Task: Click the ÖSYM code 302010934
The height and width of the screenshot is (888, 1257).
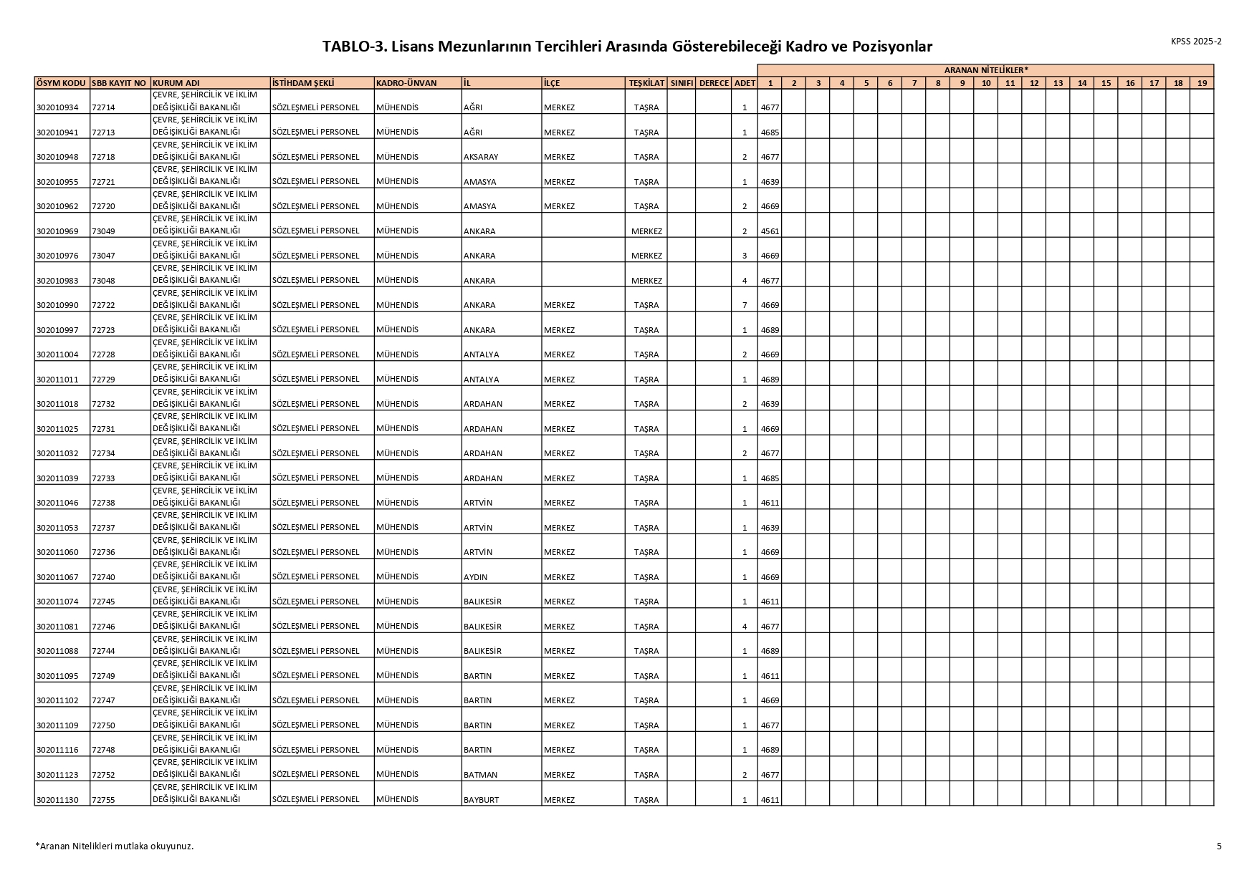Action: pyautogui.click(x=57, y=107)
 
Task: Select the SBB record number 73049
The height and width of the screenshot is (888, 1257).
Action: pyautogui.click(x=103, y=231)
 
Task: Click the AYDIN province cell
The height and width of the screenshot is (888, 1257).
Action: pyautogui.click(x=476, y=577)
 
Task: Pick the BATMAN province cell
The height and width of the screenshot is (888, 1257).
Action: pyautogui.click(x=480, y=775)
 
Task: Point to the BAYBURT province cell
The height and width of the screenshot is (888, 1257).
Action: pyautogui.click(x=481, y=799)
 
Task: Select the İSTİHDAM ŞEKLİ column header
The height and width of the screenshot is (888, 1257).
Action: pyautogui.click(x=304, y=83)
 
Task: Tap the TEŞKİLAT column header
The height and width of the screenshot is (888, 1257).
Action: pyautogui.click(x=646, y=83)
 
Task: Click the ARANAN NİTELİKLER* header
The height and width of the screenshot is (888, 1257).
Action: pyautogui.click(x=985, y=69)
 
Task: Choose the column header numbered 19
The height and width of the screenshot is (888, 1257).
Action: pyautogui.click(x=1202, y=83)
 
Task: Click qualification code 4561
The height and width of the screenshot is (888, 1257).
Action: pyautogui.click(x=770, y=231)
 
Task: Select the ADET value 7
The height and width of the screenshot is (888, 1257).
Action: pyautogui.click(x=745, y=305)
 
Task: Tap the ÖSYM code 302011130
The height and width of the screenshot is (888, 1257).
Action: pyautogui.click(x=57, y=799)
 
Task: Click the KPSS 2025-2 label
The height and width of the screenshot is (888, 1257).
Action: pyautogui.click(x=1196, y=42)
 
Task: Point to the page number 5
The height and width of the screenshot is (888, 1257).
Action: pyautogui.click(x=1219, y=846)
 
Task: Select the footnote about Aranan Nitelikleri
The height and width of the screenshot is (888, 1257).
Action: pyautogui.click(x=115, y=846)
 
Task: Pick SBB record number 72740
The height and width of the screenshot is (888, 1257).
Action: pyautogui.click(x=103, y=577)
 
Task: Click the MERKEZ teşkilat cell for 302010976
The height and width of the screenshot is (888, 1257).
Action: pyautogui.click(x=646, y=256)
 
